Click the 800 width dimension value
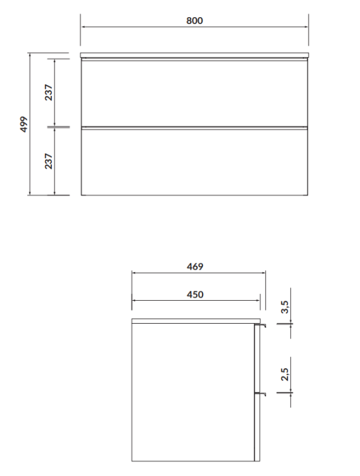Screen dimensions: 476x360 tap(194, 20)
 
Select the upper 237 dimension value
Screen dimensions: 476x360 tap(48, 93)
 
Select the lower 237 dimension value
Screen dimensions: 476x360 tap(48, 160)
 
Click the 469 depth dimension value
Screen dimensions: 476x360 tap(195, 267)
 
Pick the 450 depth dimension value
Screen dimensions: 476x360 tap(195, 294)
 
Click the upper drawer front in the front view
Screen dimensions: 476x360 tap(194, 93)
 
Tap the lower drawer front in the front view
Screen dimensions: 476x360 tap(194, 162)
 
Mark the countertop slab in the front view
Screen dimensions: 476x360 tap(194, 56)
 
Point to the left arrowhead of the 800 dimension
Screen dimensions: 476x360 tap(83, 27)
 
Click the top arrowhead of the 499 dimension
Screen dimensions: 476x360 tap(30, 56)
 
